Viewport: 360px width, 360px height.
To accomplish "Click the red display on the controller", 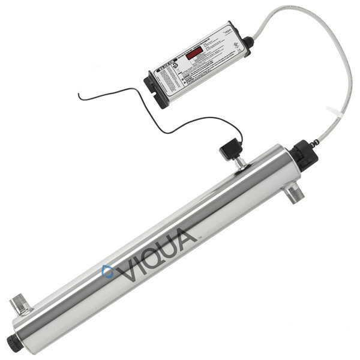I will pos(193,53).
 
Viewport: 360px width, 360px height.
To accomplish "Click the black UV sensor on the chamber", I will pos(229,150).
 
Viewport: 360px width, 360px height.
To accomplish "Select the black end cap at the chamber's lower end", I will pos(14,342).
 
